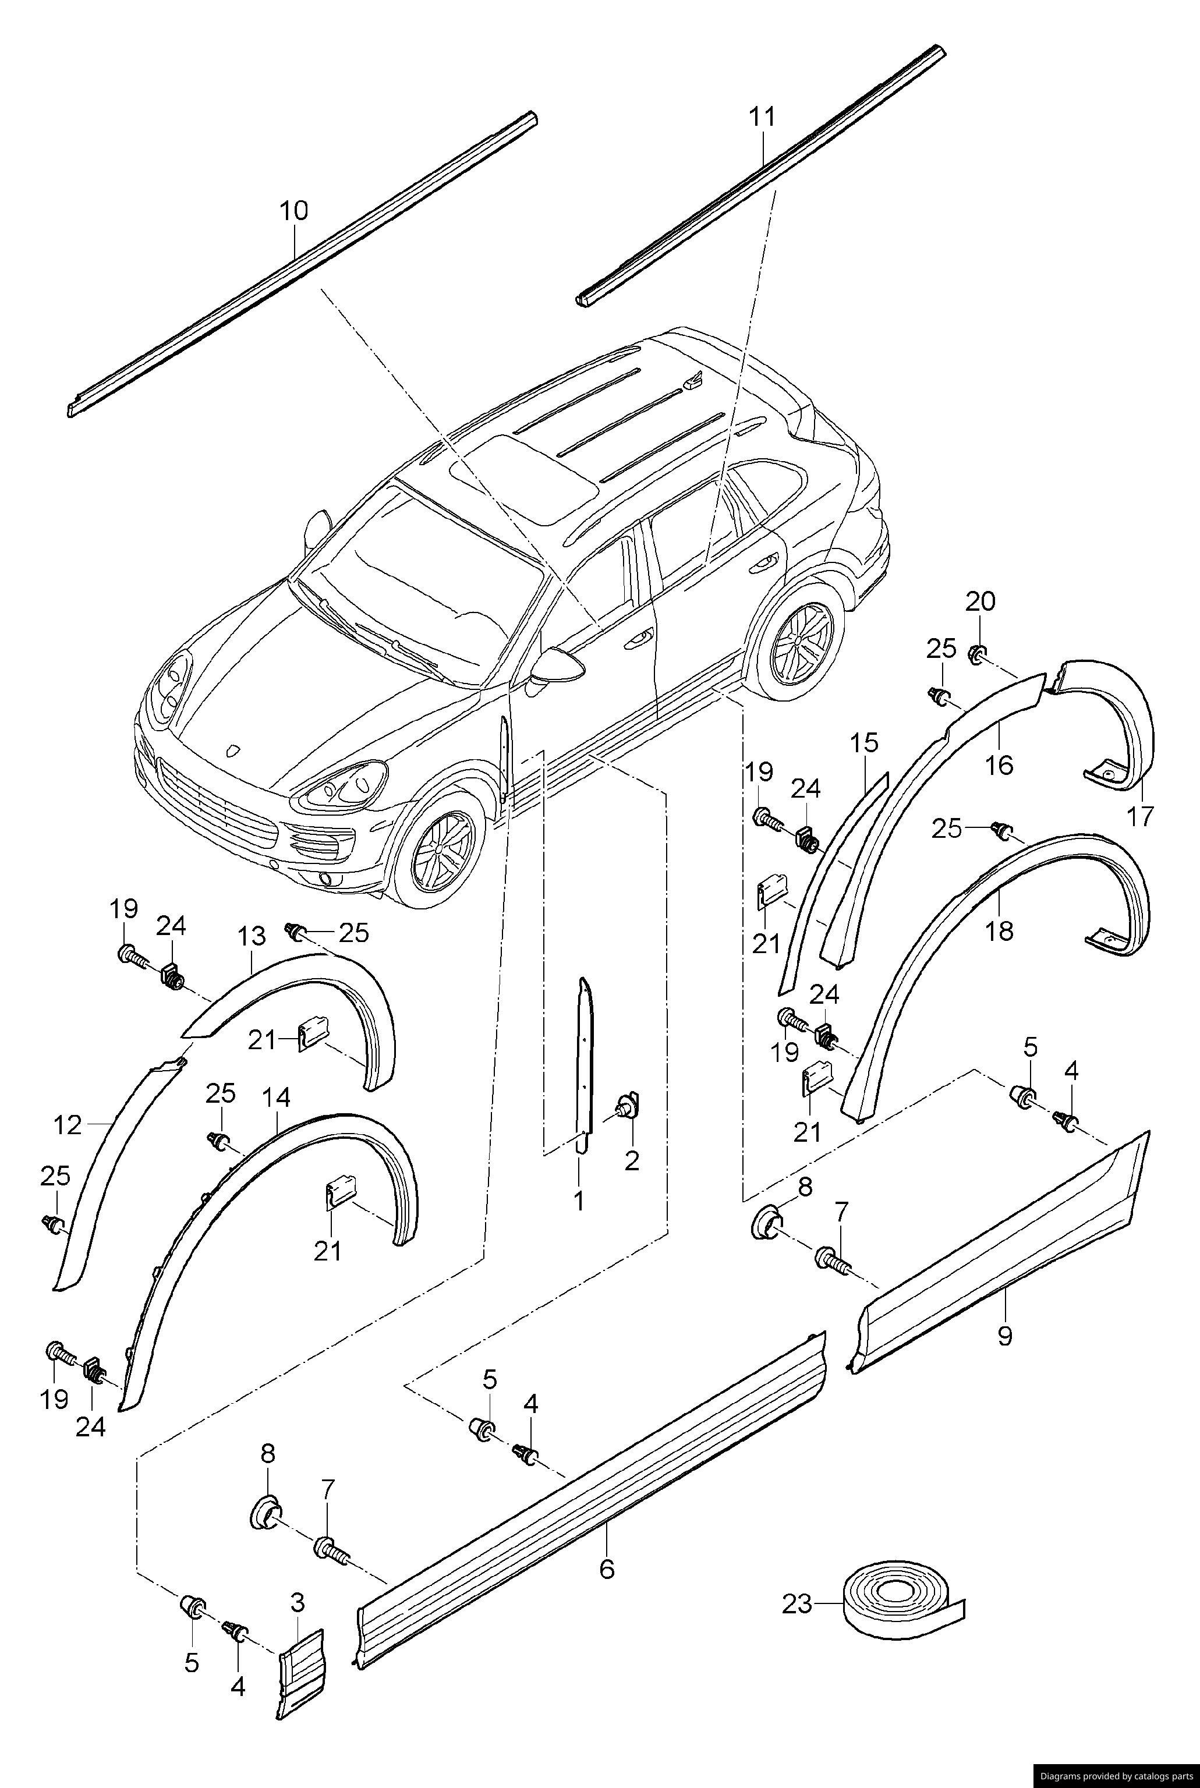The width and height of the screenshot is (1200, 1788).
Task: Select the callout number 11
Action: tap(762, 117)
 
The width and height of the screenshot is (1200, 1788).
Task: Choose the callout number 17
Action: tap(1139, 817)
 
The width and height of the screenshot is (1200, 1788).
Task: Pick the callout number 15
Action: tap(864, 743)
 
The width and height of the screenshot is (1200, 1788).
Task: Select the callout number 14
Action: tap(277, 1099)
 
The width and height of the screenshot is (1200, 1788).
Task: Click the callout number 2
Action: tap(631, 1160)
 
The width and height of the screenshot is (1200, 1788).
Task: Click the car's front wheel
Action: tap(440, 849)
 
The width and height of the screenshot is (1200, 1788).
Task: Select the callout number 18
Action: tap(1000, 930)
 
